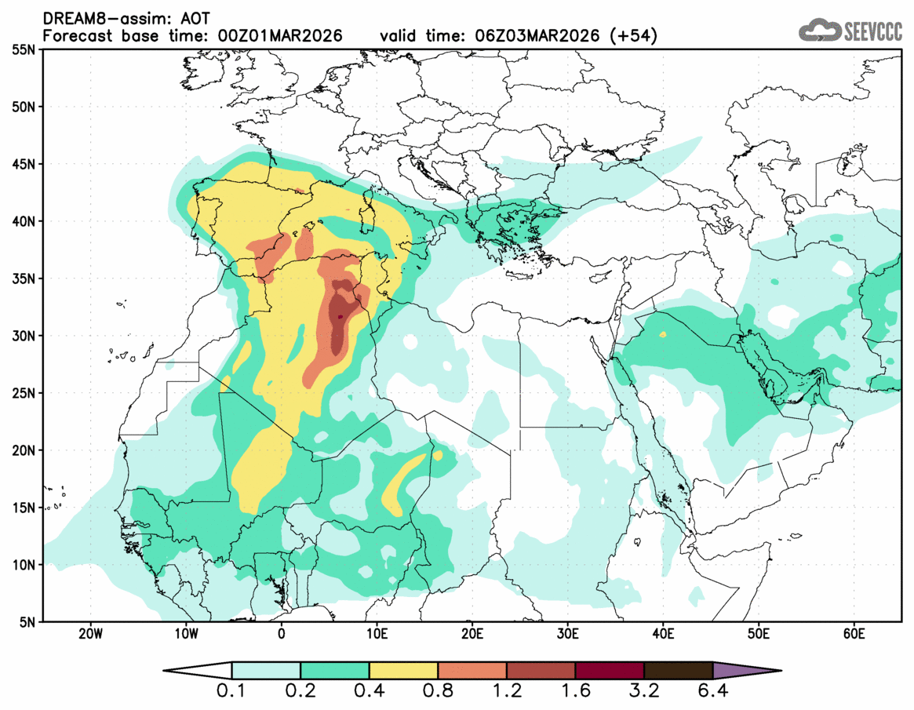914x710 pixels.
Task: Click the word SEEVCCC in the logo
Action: click(x=873, y=31)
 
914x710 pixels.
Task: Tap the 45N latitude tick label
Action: click(x=23, y=164)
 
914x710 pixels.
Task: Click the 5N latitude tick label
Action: click(x=27, y=622)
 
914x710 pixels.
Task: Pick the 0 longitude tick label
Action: click(x=282, y=634)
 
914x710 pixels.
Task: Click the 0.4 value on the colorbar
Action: click(x=369, y=694)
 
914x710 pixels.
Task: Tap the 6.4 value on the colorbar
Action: click(x=712, y=694)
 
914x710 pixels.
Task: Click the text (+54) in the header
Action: click(x=636, y=36)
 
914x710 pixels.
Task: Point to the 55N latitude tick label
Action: click(x=23, y=49)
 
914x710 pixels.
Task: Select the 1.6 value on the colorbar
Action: click(x=575, y=694)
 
